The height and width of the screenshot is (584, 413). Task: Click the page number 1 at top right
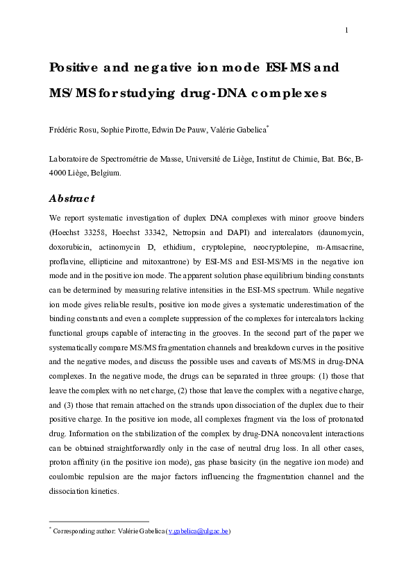[x=346, y=29]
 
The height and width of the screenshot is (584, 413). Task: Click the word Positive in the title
[x=73, y=68]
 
